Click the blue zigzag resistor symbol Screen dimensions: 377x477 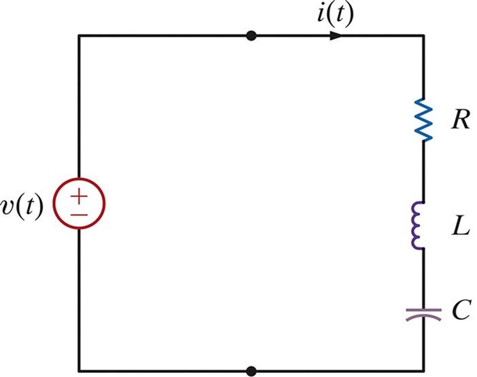pos(423,120)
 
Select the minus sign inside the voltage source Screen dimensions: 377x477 pos(79,213)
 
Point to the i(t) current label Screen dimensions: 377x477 pos(335,14)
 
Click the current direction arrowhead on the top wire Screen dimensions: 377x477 pos(336,35)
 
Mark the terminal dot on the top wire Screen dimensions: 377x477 pos(251,35)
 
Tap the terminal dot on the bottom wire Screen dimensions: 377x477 pos(251,371)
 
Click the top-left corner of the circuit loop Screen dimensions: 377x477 pos(79,35)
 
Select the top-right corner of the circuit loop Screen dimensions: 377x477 pos(423,35)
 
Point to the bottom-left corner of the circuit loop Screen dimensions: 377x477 pos(79,371)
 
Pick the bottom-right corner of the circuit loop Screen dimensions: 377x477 pos(423,371)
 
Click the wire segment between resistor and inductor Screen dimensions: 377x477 pos(423,170)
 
